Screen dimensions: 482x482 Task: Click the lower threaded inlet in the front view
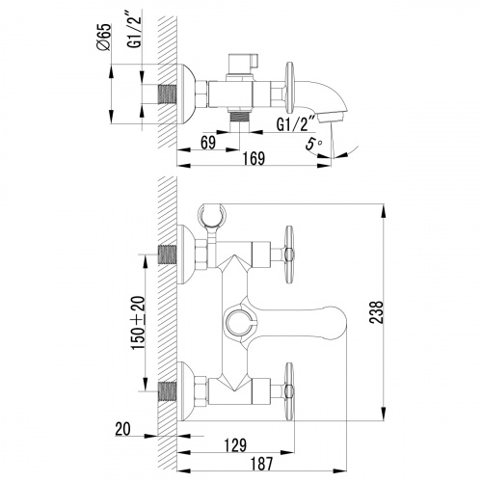point(169,390)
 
